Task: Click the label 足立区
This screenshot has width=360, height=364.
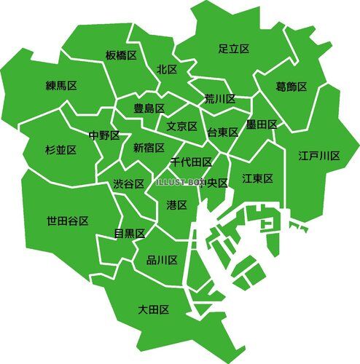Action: click(234, 49)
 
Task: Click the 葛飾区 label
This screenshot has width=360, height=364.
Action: click(291, 87)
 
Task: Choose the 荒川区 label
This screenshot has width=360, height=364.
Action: click(219, 99)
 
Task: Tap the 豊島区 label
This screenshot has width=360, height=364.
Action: click(148, 108)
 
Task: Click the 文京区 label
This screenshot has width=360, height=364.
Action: click(182, 126)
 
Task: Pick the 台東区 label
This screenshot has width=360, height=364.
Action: click(223, 132)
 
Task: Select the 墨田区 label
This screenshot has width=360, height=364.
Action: click(262, 124)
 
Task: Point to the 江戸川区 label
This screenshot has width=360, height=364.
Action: click(319, 156)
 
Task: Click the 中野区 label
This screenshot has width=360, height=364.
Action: click(104, 135)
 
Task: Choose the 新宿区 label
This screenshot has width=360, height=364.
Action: click(148, 147)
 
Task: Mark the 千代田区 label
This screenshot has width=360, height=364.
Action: click(192, 162)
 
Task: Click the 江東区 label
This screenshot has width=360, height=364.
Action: click(257, 178)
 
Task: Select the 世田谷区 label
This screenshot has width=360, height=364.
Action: click(68, 221)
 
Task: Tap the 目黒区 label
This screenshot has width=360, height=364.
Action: click(130, 233)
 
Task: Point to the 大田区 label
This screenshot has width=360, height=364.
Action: click(154, 309)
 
